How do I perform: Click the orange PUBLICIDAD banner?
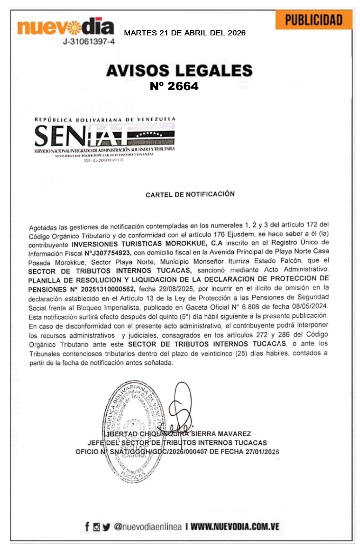tap(313, 20)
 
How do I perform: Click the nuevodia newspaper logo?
tap(66, 26)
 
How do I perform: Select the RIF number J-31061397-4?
tap(88, 42)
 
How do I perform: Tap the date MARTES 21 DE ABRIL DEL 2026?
tap(185, 33)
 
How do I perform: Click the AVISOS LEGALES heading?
tap(179, 70)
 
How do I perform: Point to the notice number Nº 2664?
tap(174, 86)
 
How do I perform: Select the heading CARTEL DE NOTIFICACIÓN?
tap(190, 194)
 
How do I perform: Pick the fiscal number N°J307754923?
tap(108, 253)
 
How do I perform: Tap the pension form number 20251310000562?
tap(107, 289)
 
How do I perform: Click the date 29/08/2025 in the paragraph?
tap(173, 289)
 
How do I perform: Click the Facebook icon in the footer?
tap(87, 526)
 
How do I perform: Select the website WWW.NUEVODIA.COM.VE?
tap(235, 526)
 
